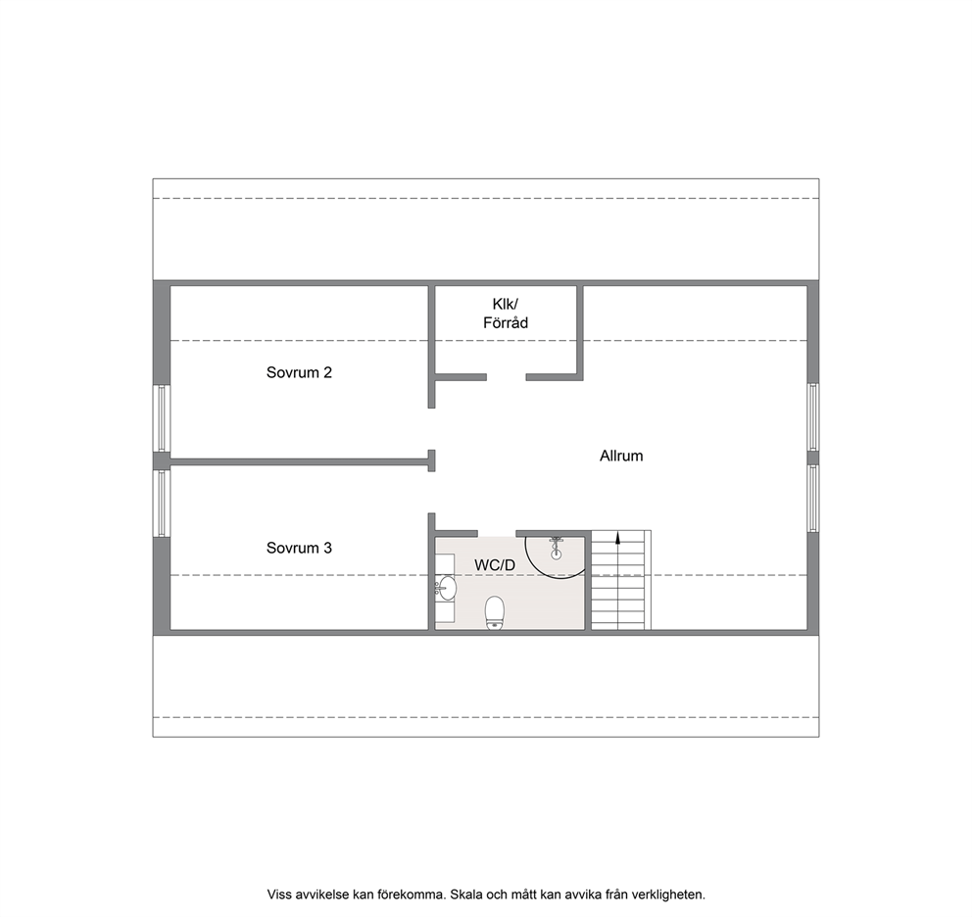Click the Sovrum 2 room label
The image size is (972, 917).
[299, 372]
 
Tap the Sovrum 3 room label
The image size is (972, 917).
[299, 548]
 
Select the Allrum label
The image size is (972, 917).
[621, 456]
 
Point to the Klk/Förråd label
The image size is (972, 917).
[506, 314]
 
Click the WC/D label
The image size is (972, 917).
[495, 565]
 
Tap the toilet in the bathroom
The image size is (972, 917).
[495, 612]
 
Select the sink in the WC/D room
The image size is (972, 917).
[446, 587]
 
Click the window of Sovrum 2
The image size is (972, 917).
[162, 418]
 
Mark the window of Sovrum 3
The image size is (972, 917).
[162, 503]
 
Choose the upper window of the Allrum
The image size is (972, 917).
[812, 416]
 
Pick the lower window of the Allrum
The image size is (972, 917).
[812, 498]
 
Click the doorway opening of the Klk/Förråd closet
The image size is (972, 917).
[507, 377]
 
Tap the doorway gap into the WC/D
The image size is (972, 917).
[497, 533]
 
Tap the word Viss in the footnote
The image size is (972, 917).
[277, 894]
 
